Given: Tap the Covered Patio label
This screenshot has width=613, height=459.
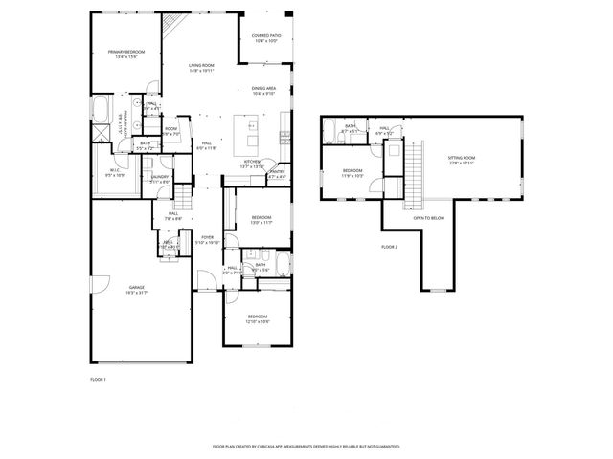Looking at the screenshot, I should [x=265, y=39].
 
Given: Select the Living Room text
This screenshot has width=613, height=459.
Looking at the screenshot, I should [x=200, y=67].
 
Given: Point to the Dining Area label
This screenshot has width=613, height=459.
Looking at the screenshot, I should [x=263, y=91].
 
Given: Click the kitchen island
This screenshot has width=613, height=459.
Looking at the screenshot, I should [x=251, y=125].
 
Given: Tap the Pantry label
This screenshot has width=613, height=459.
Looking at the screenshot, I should [x=277, y=175].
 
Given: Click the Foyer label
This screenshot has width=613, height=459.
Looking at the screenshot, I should [x=208, y=241].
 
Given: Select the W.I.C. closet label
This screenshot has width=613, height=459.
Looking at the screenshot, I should [x=114, y=173].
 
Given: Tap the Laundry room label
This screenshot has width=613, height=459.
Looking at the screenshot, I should [x=159, y=178].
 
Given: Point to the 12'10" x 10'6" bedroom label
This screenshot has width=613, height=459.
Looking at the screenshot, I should [x=258, y=318].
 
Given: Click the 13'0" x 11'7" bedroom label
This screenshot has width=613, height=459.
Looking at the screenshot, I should [x=261, y=220].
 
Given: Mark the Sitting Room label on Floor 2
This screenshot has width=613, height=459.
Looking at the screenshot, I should [x=462, y=160].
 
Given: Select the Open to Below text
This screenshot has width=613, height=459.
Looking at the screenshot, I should [x=428, y=217].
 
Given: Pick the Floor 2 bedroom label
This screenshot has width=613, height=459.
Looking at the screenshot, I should [x=352, y=173].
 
